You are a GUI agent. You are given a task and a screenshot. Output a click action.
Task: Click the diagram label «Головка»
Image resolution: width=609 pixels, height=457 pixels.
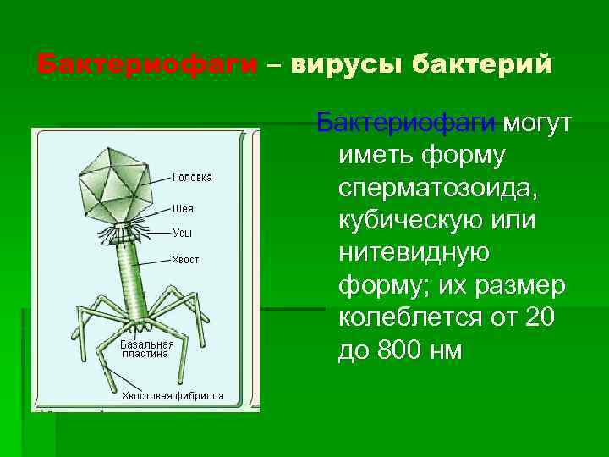click(192, 177)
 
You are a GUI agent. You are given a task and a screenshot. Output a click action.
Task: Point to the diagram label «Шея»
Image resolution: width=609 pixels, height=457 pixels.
click(183, 208)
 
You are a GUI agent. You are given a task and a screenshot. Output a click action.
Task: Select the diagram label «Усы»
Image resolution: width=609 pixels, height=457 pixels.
click(182, 232)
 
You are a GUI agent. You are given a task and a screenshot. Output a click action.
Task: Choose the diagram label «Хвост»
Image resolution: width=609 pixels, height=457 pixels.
click(186, 259)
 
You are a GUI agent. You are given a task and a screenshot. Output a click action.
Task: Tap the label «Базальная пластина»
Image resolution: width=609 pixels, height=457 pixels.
click(146, 349)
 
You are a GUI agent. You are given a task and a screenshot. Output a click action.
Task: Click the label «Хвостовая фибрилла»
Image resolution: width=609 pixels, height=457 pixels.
click(173, 395)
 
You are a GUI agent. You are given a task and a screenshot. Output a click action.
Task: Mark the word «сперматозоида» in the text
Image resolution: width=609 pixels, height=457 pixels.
click(437, 188)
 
